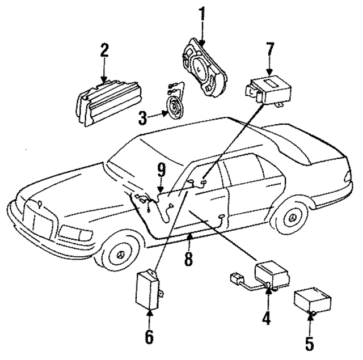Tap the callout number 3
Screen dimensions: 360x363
(x=142, y=118)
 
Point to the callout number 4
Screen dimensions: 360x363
(x=264, y=319)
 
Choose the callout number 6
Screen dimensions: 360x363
(x=149, y=337)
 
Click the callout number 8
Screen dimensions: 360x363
(x=188, y=259)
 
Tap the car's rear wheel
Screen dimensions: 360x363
(x=293, y=218)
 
